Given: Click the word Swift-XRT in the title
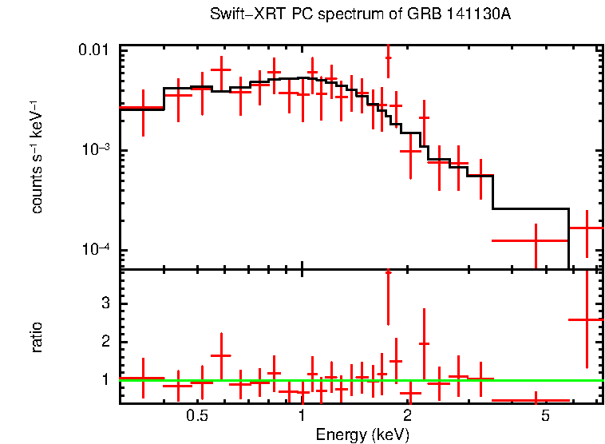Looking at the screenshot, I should click(241, 15).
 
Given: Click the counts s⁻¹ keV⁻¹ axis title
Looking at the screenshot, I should click(37, 157).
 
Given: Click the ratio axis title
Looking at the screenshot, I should click(37, 337).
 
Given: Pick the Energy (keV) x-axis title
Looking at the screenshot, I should click(362, 434).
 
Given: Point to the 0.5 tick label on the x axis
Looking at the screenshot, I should click(197, 415).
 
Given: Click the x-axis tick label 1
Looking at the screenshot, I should click(302, 415).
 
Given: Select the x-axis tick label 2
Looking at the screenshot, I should click(407, 415).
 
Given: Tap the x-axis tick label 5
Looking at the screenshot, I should click(545, 415).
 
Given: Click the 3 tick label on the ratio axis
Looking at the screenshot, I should click(105, 303).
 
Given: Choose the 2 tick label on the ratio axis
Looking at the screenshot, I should click(105, 342).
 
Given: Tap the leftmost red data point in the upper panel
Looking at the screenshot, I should click(142, 107).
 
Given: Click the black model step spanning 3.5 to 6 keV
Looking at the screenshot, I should click(531, 208).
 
